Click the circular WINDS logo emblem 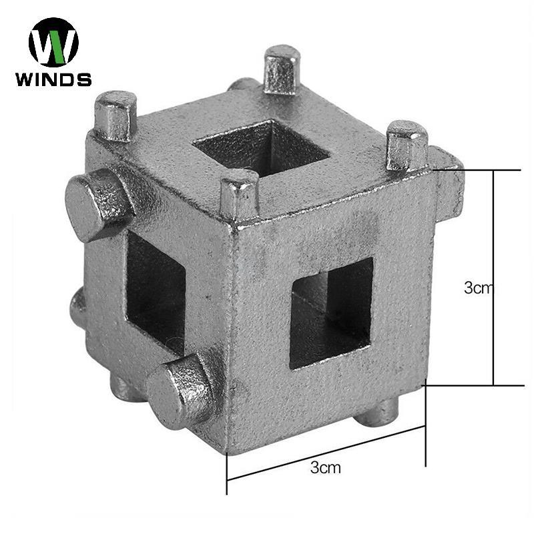click(53, 41)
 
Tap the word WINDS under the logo click(53, 79)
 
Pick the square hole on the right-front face click(331, 312)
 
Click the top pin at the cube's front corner click(239, 193)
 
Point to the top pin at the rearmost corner click(281, 69)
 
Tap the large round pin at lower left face click(180, 391)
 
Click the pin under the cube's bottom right click(378, 412)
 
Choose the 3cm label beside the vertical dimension click(478, 288)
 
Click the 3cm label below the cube click(325, 467)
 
